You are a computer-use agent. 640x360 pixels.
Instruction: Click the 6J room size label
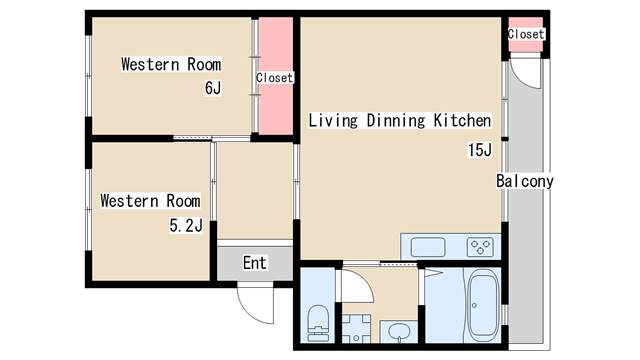point(213,88)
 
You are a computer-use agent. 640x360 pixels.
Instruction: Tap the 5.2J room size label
point(186,225)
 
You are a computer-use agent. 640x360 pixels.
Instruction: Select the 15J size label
point(480,150)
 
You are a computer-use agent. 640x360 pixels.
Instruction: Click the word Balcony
point(524,181)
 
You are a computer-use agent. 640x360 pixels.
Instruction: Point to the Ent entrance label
point(255,263)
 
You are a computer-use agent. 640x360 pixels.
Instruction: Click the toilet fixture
point(318,323)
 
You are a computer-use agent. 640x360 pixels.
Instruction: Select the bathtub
point(482,305)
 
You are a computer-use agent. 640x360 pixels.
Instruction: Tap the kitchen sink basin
point(428,247)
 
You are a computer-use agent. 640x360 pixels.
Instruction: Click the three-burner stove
point(480,247)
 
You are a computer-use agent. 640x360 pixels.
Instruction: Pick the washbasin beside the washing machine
point(399,331)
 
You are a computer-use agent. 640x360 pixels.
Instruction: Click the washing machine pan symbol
point(356,329)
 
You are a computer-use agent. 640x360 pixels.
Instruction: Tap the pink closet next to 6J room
point(276,76)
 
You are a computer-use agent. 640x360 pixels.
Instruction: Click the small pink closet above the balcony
point(525,34)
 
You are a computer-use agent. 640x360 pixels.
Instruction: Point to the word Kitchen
point(462,120)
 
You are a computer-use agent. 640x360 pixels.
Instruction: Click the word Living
point(333,121)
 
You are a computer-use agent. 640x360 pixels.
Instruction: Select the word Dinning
point(396,121)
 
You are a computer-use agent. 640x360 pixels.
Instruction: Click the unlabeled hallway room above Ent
point(255,191)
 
